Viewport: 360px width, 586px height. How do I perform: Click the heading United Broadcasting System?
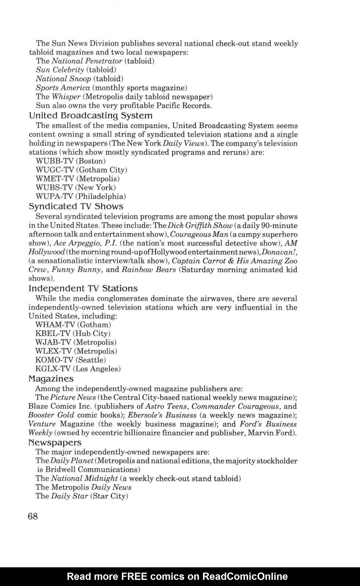click(91, 116)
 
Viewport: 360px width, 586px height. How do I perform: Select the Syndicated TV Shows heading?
click(76, 206)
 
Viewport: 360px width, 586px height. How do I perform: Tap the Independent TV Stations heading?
click(83, 288)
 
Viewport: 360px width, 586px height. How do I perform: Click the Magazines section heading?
click(51, 379)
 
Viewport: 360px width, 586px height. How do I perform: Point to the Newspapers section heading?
click(55, 442)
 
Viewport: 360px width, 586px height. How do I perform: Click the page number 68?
click(33, 516)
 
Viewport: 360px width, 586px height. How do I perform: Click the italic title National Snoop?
click(63, 78)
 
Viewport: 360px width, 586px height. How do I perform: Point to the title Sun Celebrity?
click(60, 70)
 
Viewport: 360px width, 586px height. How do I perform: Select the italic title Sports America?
click(63, 87)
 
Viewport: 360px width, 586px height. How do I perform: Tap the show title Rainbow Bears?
click(149, 270)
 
